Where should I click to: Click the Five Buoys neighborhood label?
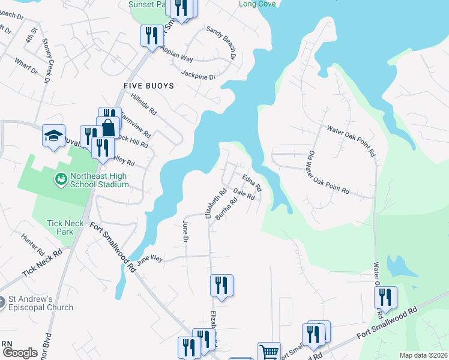point(148,86)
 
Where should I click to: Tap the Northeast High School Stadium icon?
point(61,179)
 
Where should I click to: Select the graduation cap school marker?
point(53,136)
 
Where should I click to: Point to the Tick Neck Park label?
point(65,227)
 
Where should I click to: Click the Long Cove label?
point(258,4)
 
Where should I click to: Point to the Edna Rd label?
point(252,182)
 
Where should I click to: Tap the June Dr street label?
point(185,231)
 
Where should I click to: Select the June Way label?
point(149,259)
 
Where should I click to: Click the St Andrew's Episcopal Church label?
point(40,303)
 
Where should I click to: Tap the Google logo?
point(19,353)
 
